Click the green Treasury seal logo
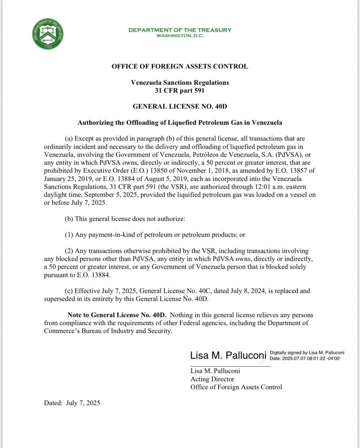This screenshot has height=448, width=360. pos(48,34)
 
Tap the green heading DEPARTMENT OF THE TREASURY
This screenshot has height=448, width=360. pos(180,30)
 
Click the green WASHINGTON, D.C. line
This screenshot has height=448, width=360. pos(180,36)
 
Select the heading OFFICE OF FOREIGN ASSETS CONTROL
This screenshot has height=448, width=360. pos(180,66)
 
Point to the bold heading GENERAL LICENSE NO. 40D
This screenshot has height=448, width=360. pos(180,106)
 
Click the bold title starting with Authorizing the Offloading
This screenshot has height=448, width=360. pos(180,122)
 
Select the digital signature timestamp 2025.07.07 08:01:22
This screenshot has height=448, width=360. pos(306,358)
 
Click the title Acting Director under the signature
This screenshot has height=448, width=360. pos(212,379)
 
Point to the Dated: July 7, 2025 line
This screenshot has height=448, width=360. pos(72,403)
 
